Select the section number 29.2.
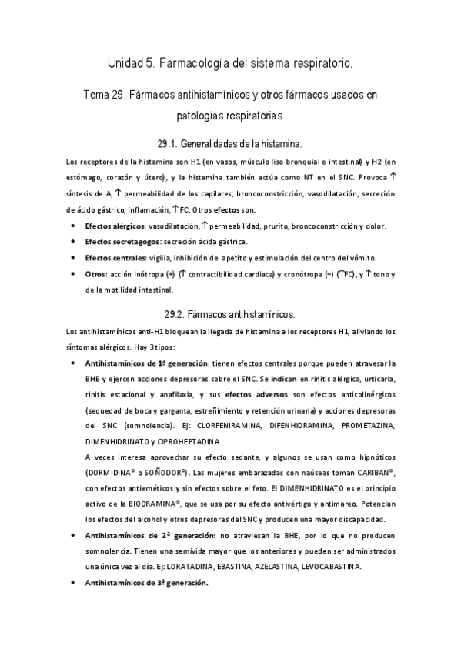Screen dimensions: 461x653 178,315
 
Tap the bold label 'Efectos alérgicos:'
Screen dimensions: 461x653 115,226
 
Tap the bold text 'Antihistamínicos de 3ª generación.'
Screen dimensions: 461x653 146,583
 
